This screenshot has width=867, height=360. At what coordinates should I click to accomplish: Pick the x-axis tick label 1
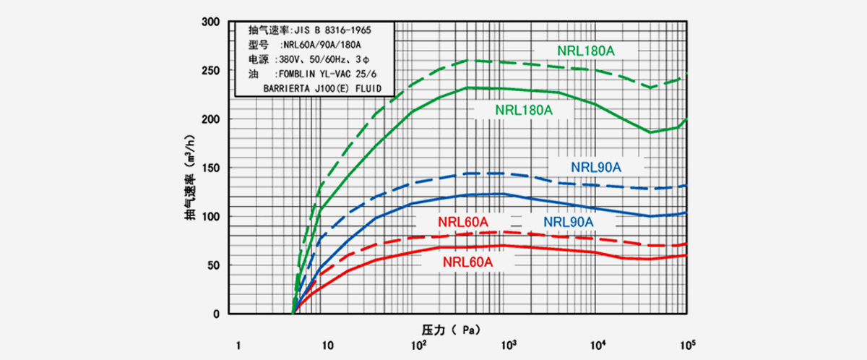point(238,345)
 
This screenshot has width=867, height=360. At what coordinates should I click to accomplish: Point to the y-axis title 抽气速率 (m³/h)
point(189,168)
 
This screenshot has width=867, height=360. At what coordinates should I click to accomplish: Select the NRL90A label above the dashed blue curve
point(596,167)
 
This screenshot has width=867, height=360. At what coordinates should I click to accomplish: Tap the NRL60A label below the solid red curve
point(467,262)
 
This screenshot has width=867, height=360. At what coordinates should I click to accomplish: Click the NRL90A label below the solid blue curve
point(568,221)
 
